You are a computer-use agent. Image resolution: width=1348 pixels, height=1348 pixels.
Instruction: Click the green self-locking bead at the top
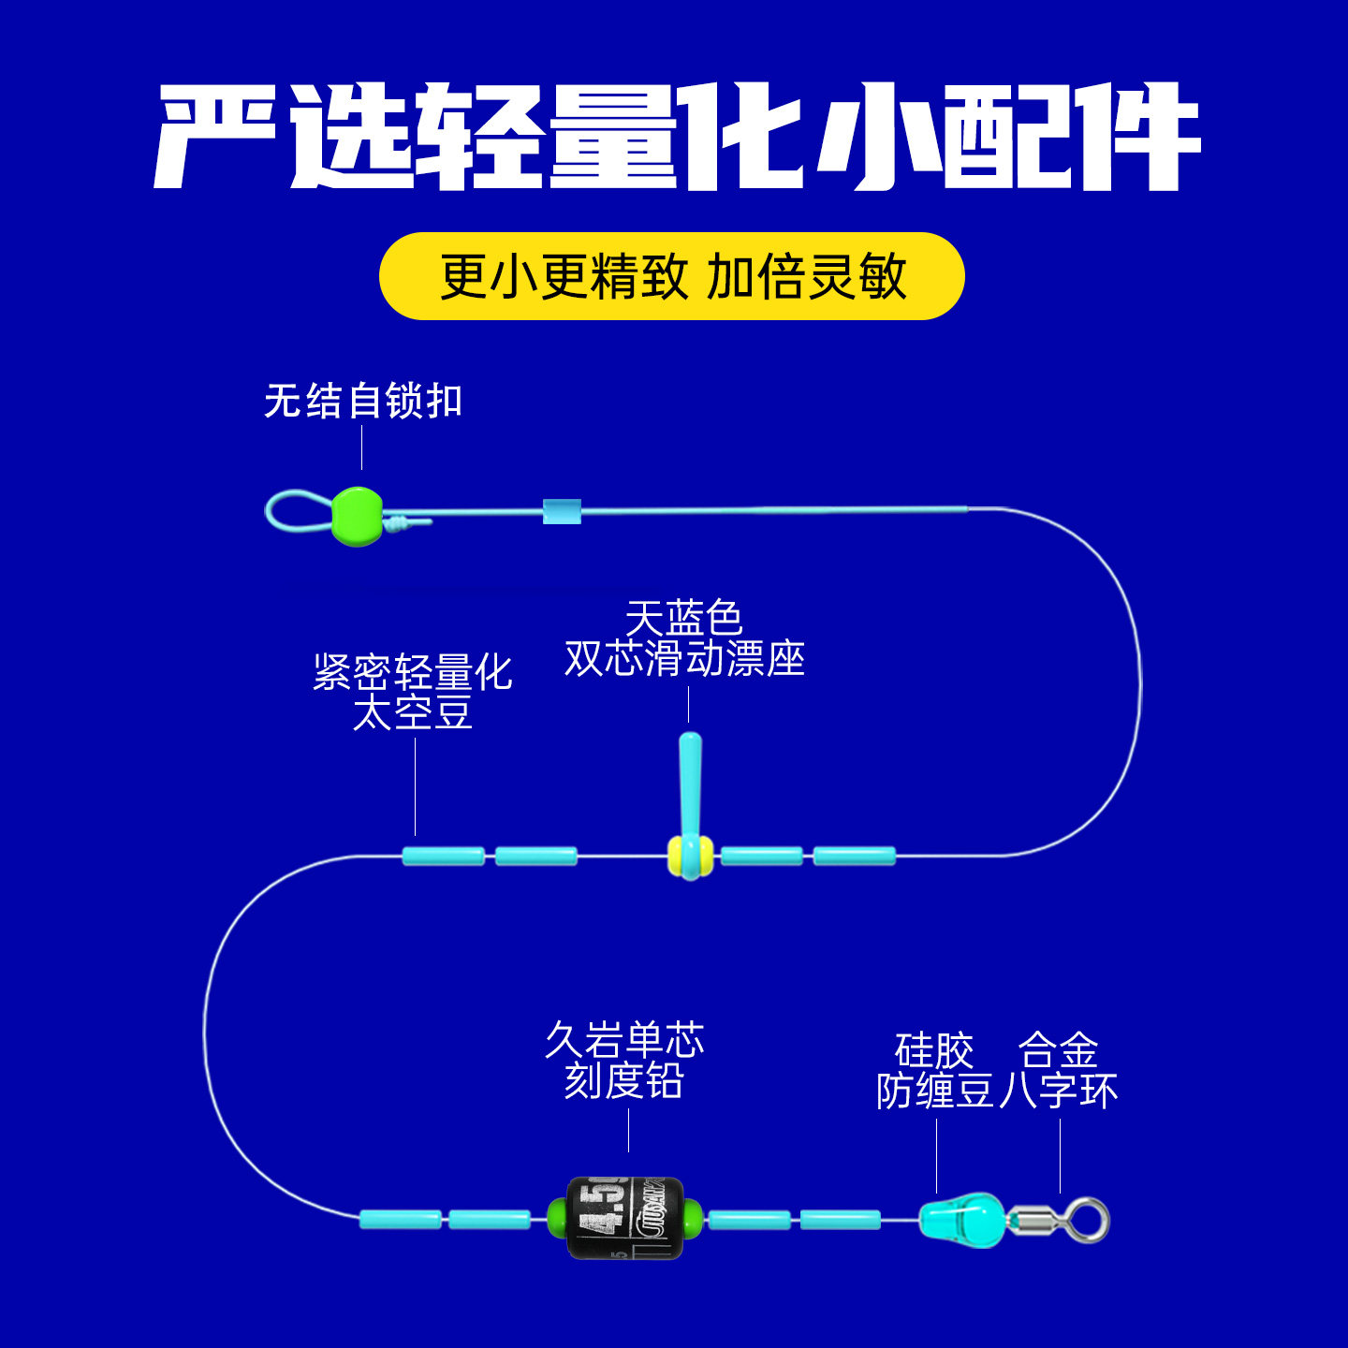tap(357, 516)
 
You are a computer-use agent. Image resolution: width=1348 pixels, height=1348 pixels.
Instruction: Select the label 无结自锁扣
tap(363, 401)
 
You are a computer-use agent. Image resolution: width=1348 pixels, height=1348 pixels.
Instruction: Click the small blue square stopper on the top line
tap(562, 511)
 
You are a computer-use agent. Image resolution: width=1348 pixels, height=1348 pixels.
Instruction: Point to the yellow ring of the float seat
tap(676, 856)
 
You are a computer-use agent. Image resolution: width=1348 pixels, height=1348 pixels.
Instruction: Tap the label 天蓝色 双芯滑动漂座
tap(684, 639)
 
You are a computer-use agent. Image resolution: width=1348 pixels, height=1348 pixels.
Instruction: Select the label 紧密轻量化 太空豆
tap(413, 693)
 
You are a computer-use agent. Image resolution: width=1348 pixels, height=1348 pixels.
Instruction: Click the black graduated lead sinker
tap(625, 1218)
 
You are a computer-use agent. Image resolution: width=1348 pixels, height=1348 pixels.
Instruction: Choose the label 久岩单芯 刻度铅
tap(624, 1061)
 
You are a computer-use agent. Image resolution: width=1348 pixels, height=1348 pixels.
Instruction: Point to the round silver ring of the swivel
tap(1089, 1220)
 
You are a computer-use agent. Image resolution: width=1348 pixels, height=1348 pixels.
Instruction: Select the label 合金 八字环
tap(1059, 1071)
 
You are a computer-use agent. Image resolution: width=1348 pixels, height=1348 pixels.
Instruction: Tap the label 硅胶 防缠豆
tap(935, 1071)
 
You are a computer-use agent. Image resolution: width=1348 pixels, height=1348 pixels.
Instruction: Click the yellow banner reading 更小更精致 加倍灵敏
tap(671, 276)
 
